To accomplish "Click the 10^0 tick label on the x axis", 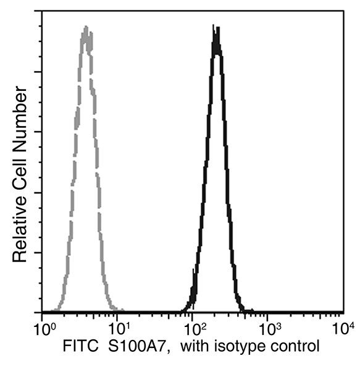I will tap(42, 326).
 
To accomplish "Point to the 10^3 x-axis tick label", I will tap(269, 326).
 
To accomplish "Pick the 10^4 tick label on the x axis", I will tap(343, 326).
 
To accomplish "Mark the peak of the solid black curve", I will tap(216, 28).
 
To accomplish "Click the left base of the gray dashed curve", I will tap(54, 310).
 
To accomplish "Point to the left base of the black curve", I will tap(182, 310).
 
